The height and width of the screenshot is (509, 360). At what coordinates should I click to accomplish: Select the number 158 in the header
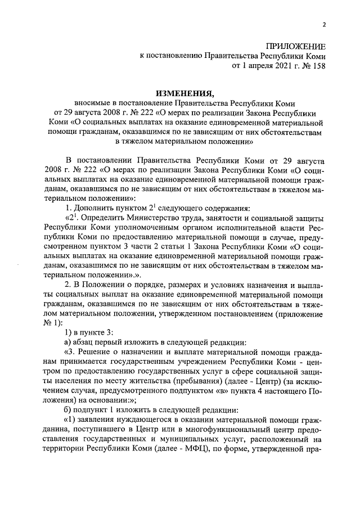click(317, 66)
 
